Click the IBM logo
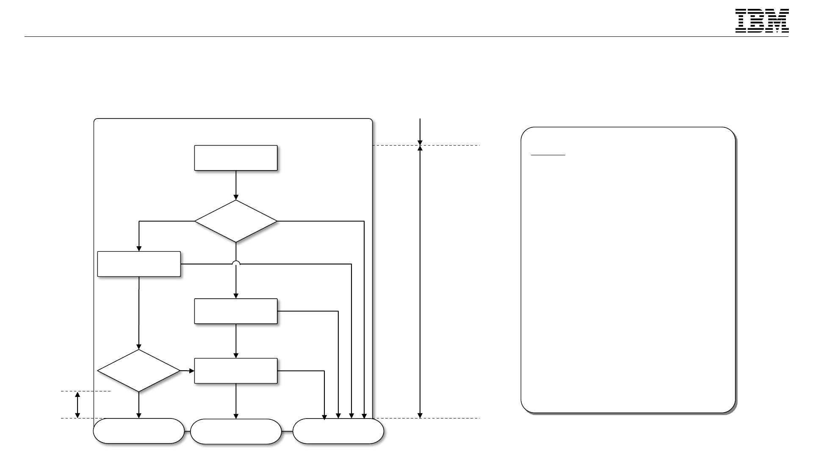coord(762,21)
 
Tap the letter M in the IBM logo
coord(778,21)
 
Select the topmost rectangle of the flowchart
coord(235,158)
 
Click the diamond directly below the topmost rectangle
coord(235,221)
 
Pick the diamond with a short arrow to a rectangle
coord(138,371)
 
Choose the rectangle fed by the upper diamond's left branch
coord(138,264)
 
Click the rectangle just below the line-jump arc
coord(235,311)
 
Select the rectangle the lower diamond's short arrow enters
coord(235,371)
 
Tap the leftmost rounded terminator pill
coord(138,431)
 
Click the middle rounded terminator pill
coord(235,431)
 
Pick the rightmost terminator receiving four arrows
coord(338,431)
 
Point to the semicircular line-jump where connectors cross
coord(236,263)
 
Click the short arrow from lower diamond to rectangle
coord(187,371)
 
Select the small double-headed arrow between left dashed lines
coord(77,405)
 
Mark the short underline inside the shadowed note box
coord(548,155)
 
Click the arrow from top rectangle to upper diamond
coord(235,185)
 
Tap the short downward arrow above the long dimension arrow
coord(420,132)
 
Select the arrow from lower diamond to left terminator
coord(138,405)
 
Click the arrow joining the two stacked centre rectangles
coord(235,341)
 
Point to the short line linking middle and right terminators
coord(287,431)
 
